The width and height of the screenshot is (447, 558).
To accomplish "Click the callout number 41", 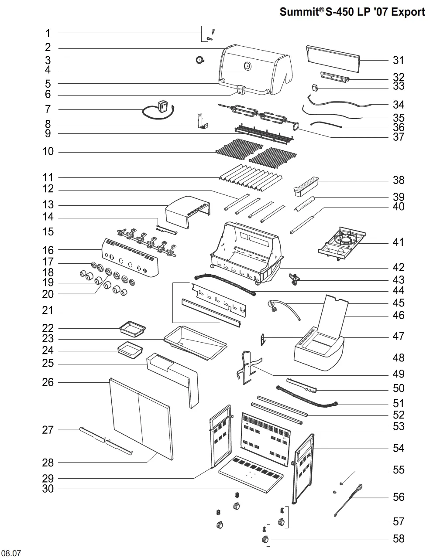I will click(x=398, y=242).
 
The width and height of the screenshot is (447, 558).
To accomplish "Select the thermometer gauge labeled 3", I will click(x=200, y=60).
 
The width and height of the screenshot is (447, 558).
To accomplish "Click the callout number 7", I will click(x=48, y=109).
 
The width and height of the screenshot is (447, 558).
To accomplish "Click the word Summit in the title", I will click(x=299, y=12).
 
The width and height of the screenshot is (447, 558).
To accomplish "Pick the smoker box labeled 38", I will click(x=307, y=184).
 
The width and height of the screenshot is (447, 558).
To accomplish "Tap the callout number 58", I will click(x=398, y=539).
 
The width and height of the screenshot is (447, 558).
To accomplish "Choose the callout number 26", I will click(x=48, y=382).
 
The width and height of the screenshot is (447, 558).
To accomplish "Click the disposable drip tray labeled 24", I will click(x=130, y=350).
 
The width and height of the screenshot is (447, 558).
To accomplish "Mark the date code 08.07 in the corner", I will click(x=11, y=554).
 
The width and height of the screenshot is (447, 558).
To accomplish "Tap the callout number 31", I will click(x=398, y=61).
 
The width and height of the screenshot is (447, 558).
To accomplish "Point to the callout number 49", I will click(x=398, y=374).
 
